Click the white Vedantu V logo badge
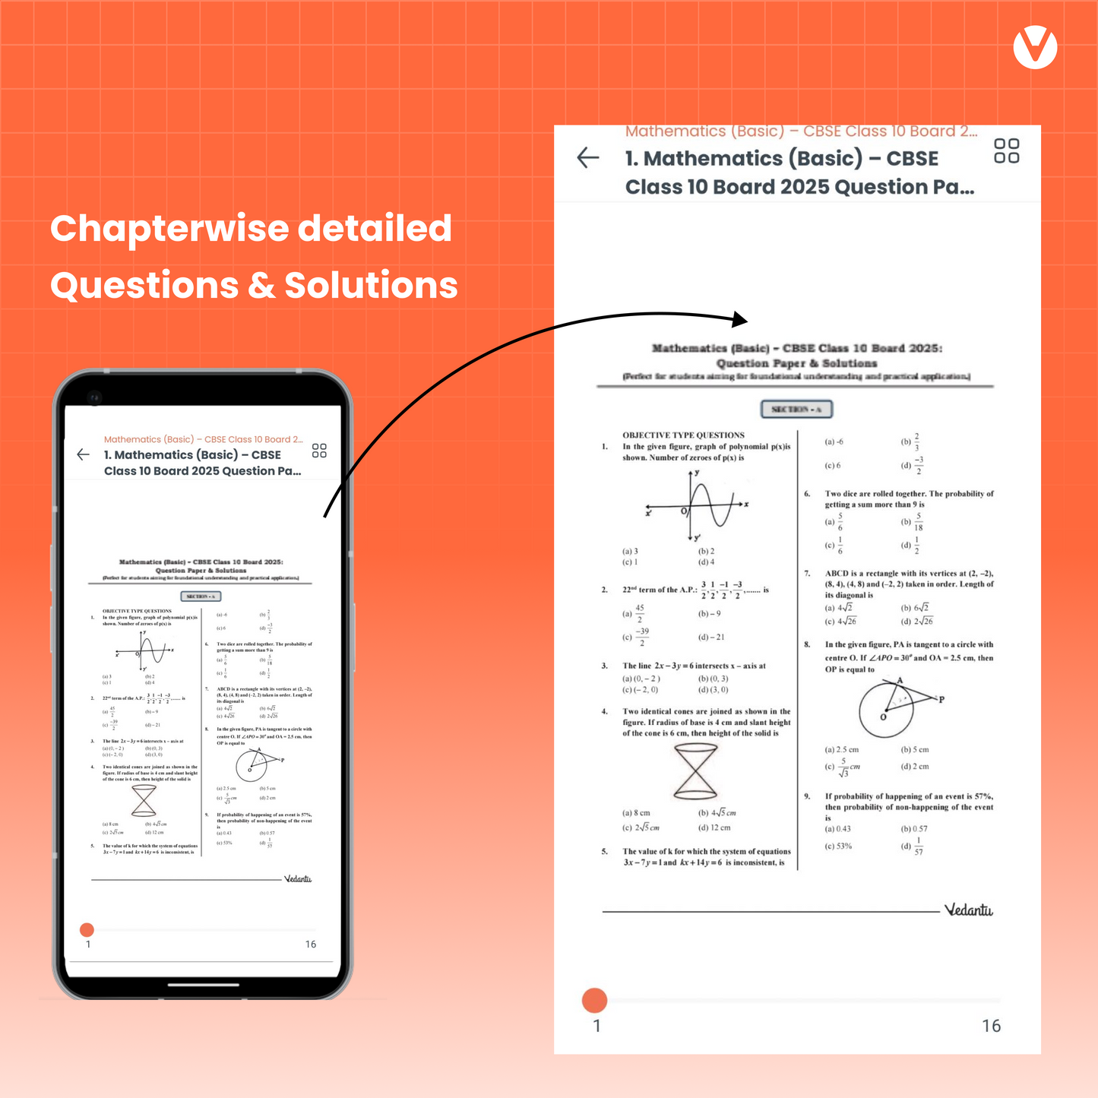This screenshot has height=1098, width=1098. click(x=1035, y=47)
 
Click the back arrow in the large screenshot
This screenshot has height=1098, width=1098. click(x=588, y=158)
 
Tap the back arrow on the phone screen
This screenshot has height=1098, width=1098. click(x=84, y=454)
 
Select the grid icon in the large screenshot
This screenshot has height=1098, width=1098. click(x=1006, y=150)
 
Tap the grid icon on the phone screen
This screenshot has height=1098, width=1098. click(x=319, y=451)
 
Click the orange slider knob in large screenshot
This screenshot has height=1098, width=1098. click(x=594, y=1001)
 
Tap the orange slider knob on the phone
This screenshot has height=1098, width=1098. click(x=87, y=930)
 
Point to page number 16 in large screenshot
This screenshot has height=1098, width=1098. click(x=991, y=1026)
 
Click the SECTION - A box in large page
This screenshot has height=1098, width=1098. click(x=796, y=410)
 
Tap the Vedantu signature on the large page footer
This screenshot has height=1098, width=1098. click(x=968, y=910)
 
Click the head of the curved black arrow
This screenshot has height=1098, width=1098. click(x=740, y=319)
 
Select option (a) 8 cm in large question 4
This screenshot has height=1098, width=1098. click(x=636, y=813)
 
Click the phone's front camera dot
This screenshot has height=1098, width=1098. click(x=94, y=397)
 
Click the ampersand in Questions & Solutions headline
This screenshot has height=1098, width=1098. click(x=261, y=286)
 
